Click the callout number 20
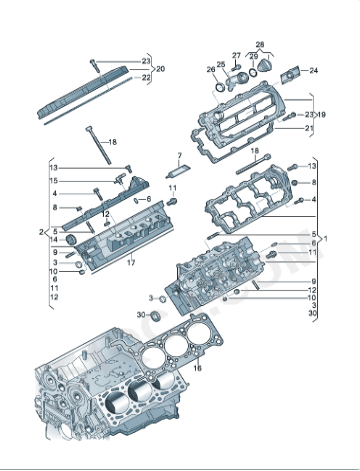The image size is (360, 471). click(x=160, y=69)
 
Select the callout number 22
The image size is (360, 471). click(x=147, y=77)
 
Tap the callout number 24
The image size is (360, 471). click(x=313, y=70)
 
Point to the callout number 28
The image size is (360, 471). click(x=260, y=45)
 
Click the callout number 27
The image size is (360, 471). click(x=237, y=55)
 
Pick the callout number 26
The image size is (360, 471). click(x=211, y=69)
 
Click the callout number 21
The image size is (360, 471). click(x=309, y=128)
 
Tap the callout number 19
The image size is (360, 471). click(x=322, y=115)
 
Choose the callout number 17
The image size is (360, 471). click(x=129, y=261)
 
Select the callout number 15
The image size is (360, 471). click(x=54, y=180)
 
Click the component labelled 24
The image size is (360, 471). click(x=293, y=72)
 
